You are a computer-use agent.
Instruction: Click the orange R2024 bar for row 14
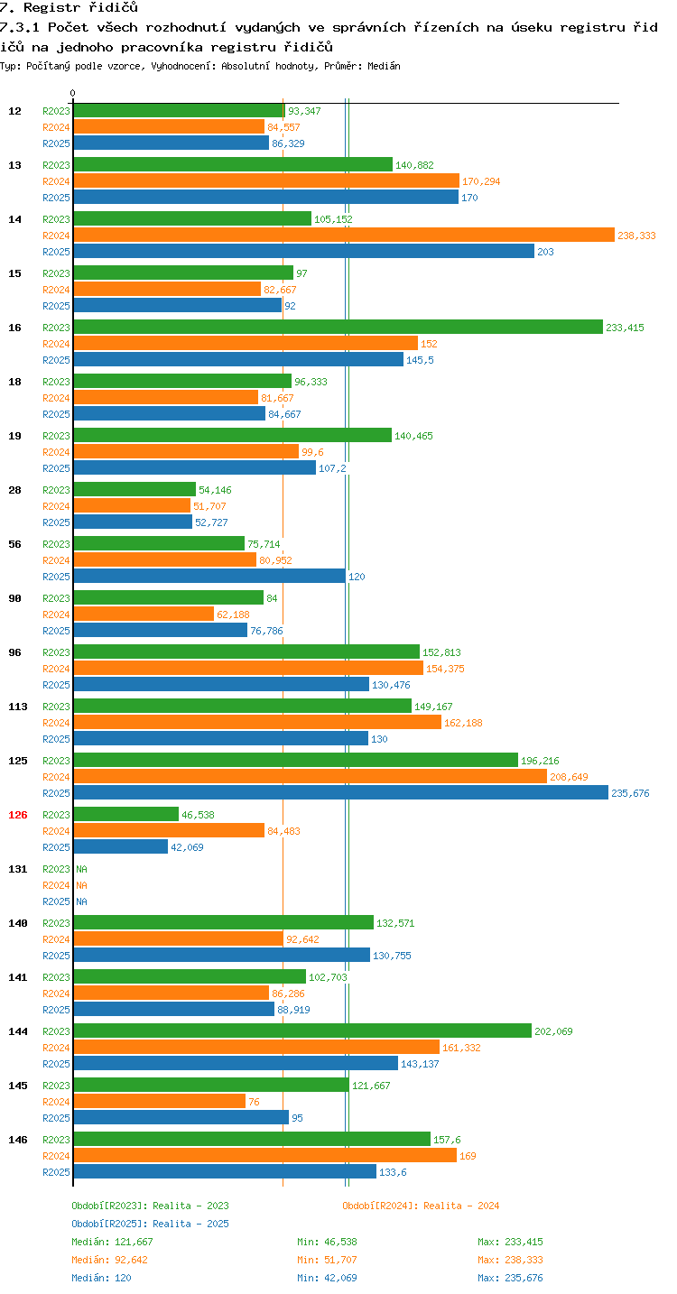[x=344, y=236]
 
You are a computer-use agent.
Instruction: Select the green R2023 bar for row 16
[x=338, y=327]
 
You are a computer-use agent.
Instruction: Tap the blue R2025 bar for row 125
[x=341, y=792]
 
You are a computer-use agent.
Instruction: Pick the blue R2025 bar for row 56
[x=209, y=576]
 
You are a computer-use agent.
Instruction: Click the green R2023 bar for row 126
[x=126, y=815]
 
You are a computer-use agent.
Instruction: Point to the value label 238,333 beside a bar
[x=636, y=236]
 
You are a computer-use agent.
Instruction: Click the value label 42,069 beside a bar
[x=187, y=847]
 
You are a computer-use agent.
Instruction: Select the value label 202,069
[x=553, y=1031]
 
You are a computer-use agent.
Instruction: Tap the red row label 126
[x=18, y=815]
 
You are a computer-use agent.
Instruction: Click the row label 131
[x=18, y=869]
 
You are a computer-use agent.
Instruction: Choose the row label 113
[x=18, y=707]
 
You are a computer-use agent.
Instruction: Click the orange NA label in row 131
[x=81, y=885]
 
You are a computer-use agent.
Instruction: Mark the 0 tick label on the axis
[x=72, y=93]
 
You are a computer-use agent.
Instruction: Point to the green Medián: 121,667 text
[x=112, y=1242]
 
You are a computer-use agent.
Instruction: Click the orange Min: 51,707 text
[x=327, y=1260]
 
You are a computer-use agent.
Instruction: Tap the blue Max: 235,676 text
[x=511, y=1277]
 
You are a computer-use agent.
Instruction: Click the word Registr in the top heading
[x=52, y=7]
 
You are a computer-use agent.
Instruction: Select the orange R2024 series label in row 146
[x=56, y=1156]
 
